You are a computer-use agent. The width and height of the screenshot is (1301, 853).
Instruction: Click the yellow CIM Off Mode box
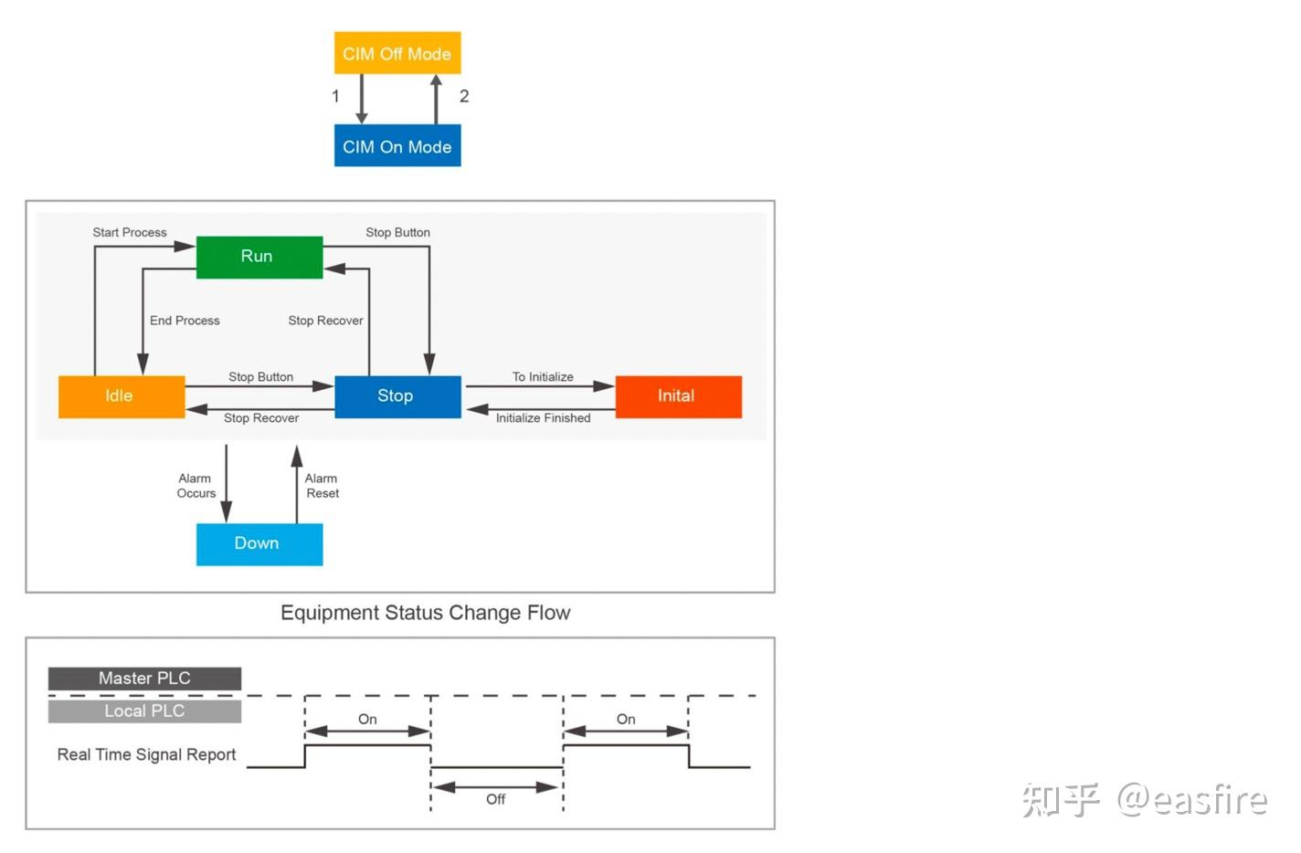[397, 53]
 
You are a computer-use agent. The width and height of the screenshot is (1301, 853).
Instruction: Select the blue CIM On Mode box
[397, 146]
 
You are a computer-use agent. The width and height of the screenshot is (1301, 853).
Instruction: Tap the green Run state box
[259, 257]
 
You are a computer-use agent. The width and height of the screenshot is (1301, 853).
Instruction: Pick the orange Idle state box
[121, 396]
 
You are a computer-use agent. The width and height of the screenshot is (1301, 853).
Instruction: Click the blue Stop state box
[397, 396]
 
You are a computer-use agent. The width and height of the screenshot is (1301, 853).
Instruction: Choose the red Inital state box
[678, 396]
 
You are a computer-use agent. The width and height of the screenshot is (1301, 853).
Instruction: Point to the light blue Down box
[259, 543]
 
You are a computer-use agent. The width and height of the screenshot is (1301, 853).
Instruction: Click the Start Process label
[130, 233]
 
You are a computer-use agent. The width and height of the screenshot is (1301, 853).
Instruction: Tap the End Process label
[185, 321]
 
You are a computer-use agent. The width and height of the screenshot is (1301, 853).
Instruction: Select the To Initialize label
[543, 377]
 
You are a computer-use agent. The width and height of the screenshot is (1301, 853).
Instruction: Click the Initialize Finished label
[543, 418]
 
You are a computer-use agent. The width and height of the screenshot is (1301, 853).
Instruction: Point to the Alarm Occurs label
[196, 486]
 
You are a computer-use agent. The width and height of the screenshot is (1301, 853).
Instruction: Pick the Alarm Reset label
[322, 486]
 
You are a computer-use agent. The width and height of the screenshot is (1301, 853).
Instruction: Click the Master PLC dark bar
[144, 679]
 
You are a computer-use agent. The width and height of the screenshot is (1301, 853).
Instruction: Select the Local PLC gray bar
[144, 711]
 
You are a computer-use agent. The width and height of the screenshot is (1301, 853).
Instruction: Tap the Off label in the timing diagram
[495, 799]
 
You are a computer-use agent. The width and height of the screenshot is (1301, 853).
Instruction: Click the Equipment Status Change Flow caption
[425, 613]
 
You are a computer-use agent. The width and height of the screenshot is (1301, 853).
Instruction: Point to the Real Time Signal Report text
[146, 754]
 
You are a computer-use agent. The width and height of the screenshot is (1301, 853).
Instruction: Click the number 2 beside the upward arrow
[464, 96]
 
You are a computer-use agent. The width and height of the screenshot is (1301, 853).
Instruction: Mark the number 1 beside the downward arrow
[335, 96]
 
